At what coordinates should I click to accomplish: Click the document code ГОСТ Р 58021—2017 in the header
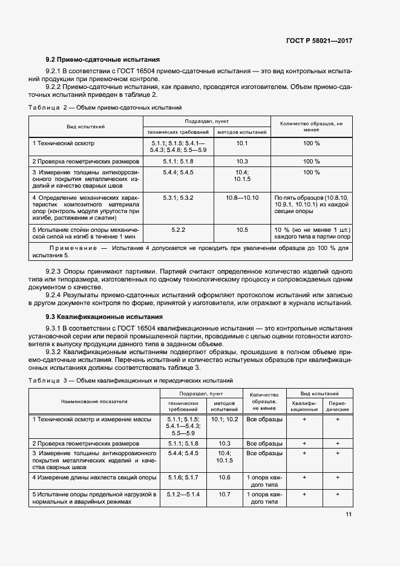tap(319, 41)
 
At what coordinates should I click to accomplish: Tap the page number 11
tap(349, 515)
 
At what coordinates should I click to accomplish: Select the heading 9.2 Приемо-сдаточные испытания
tap(103, 60)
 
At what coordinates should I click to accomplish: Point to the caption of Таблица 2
tap(105, 108)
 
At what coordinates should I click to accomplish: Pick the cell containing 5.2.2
tap(178, 230)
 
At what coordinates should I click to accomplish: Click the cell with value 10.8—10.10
tap(242, 198)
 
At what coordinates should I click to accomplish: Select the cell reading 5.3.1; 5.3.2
tap(178, 198)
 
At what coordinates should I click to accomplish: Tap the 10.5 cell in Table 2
tap(242, 230)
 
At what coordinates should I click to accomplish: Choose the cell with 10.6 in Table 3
tap(225, 478)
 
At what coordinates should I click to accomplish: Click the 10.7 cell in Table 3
tap(225, 495)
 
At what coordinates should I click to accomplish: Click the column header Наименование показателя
tap(94, 401)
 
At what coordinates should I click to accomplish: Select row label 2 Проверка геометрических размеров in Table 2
tap(86, 162)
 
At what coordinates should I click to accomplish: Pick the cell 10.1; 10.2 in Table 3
tap(225, 418)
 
